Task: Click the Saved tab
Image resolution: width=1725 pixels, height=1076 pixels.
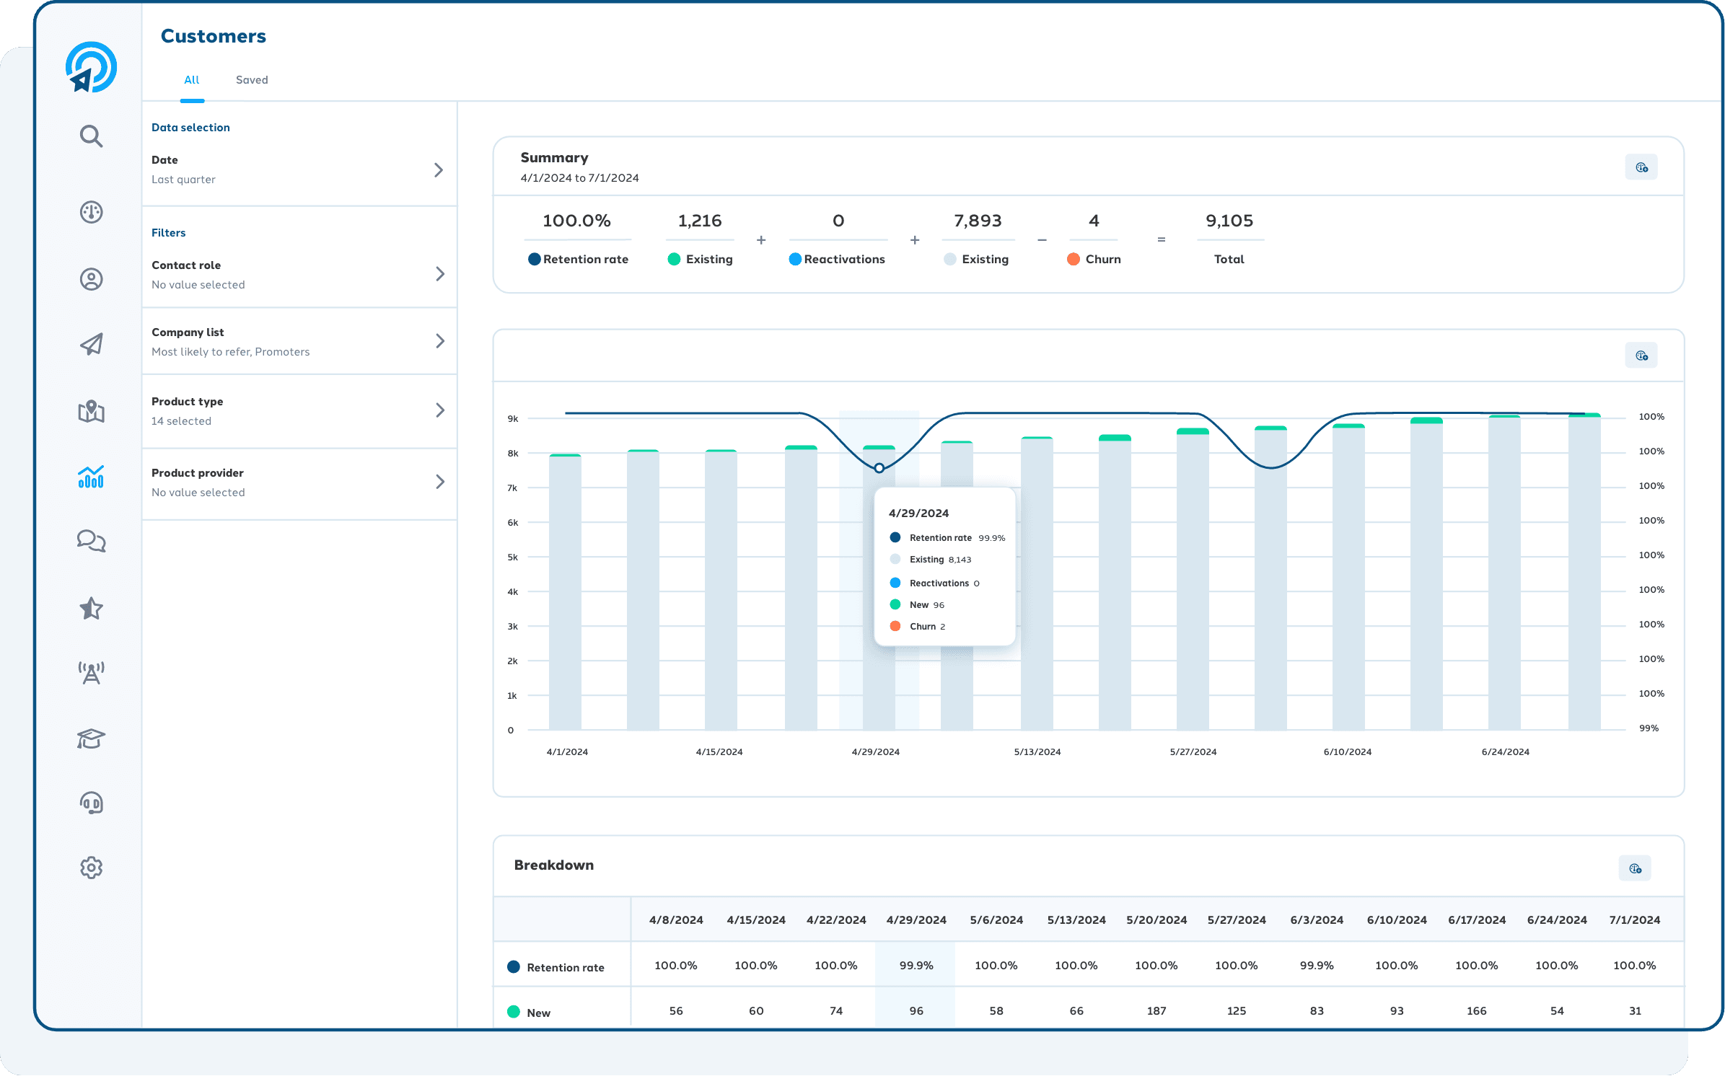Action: click(252, 80)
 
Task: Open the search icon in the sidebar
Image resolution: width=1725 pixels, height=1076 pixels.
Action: click(91, 136)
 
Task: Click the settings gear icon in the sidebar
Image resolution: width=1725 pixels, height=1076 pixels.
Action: click(91, 868)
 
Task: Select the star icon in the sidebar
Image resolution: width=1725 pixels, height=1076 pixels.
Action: click(91, 609)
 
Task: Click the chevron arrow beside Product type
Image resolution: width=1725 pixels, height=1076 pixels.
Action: click(439, 410)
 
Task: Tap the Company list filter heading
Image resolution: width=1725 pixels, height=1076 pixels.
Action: click(188, 332)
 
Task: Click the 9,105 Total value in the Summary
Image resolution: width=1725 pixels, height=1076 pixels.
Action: click(1229, 221)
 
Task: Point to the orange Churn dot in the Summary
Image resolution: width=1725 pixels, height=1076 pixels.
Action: click(1074, 259)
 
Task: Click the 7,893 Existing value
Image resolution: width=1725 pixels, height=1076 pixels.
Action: click(978, 221)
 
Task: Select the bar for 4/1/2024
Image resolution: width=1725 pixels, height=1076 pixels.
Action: click(565, 591)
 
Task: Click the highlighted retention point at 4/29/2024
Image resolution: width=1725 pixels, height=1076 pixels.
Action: click(879, 468)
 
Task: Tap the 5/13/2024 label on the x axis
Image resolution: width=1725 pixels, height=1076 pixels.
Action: click(1037, 751)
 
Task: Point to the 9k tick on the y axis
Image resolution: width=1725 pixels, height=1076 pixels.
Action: click(513, 418)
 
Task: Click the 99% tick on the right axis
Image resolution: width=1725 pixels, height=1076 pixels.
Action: click(1649, 728)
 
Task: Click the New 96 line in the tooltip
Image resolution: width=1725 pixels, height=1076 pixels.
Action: click(926, 605)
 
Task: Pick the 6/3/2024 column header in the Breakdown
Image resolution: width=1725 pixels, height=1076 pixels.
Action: click(1317, 920)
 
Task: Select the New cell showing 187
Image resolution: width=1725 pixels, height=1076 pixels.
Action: click(1156, 1011)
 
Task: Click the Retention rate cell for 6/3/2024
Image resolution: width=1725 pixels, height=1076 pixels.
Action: click(1317, 966)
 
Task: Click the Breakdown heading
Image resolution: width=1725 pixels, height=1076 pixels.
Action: click(553, 865)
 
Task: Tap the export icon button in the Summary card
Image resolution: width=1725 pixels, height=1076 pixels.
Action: click(1641, 167)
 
